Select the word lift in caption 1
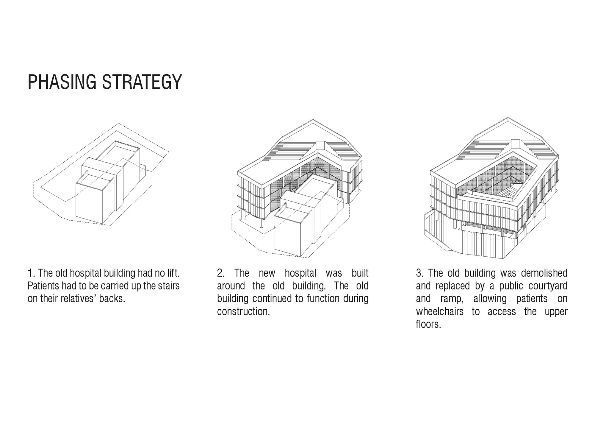pyautogui.click(x=172, y=273)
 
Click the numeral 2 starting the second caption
pyautogui.click(x=220, y=273)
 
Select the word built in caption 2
pyautogui.click(x=360, y=273)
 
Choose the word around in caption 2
pyautogui.click(x=231, y=286)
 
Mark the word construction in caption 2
pyautogui.click(x=242, y=311)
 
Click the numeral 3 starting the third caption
pyautogui.click(x=419, y=273)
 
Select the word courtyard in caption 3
pyautogui.click(x=548, y=286)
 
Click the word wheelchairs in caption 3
pyautogui.click(x=440, y=311)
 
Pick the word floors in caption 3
pyautogui.click(x=427, y=324)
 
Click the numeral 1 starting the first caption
pyautogui.click(x=30, y=273)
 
